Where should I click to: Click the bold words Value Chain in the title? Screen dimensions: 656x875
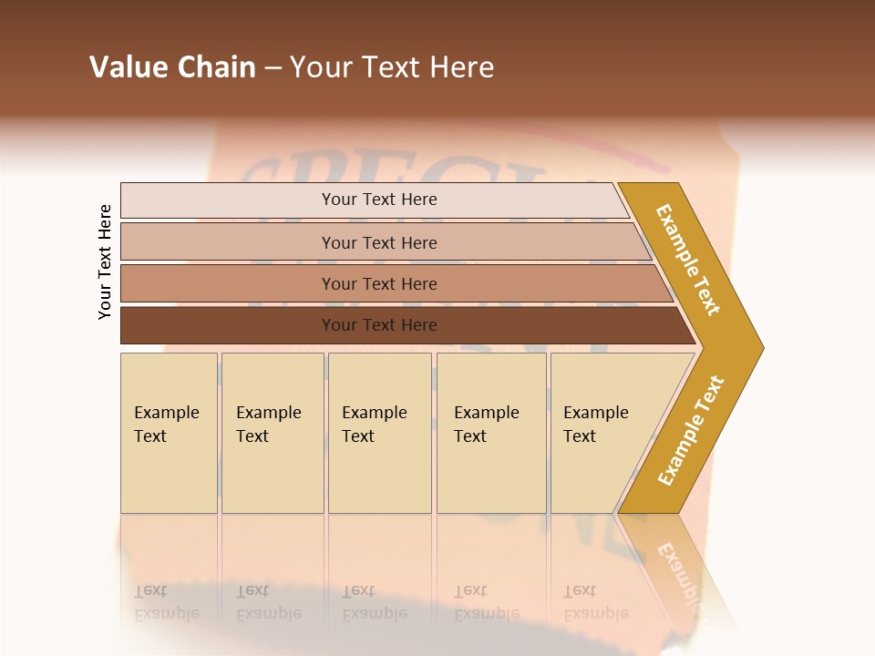coord(172,67)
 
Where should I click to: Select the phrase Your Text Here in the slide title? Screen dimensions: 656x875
coord(392,67)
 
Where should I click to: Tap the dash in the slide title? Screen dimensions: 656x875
coord(273,68)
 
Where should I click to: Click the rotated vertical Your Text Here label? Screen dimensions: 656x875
coord(106,261)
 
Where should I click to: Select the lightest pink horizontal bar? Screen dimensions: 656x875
coord(228,200)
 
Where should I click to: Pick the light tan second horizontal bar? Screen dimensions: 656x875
coord(228,242)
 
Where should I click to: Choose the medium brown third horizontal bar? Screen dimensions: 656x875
coord(228,283)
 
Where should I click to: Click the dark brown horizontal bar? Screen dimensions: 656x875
coord(228,325)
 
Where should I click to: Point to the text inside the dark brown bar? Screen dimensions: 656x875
coord(379,325)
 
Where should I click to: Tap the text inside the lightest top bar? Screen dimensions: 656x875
coord(379,200)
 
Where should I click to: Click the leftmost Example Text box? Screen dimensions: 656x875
coord(169,433)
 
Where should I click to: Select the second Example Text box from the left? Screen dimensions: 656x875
coord(273,433)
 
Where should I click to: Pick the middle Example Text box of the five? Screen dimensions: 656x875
coord(379,433)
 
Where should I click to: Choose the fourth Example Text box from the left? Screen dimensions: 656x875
coord(491,433)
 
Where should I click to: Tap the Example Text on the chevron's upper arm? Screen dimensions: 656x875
coord(688,260)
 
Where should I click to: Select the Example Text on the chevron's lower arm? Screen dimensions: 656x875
coord(691,431)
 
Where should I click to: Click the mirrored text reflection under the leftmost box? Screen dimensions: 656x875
coord(167,602)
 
